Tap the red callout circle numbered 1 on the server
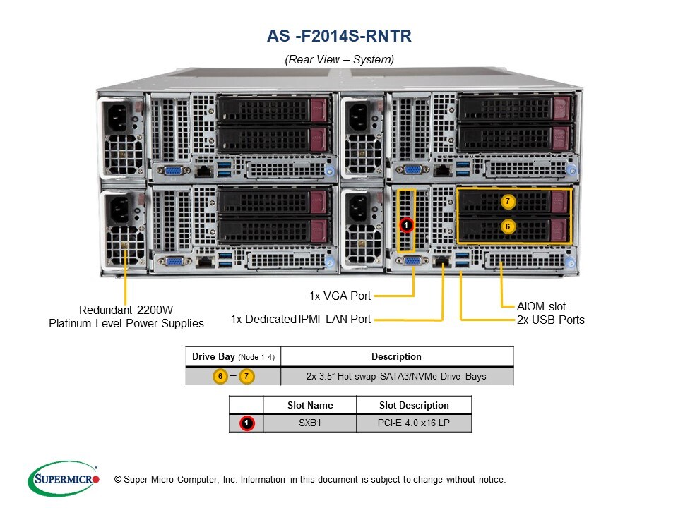406,225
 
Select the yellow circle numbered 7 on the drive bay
508,202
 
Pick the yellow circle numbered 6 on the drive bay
508,226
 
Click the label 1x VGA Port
340,296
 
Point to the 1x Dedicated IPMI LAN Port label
300,319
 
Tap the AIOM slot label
542,306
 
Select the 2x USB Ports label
551,320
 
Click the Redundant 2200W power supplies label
126,316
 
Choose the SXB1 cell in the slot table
310,423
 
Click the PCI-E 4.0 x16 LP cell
413,423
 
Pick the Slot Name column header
310,405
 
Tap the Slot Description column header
413,405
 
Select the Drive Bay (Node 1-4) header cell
233,357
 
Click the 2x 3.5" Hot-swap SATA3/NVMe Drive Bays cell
396,376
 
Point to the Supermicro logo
64,479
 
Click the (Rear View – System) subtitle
339,60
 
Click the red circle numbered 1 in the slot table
246,423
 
